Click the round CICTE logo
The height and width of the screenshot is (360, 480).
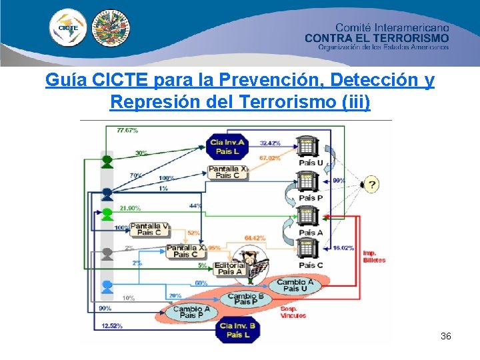(68, 28)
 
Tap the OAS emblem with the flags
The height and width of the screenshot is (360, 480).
(110, 28)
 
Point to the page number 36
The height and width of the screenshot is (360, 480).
(446, 336)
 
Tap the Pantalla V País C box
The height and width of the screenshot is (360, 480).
(149, 229)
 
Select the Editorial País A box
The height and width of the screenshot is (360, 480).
(230, 268)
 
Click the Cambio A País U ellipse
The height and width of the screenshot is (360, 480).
(295, 285)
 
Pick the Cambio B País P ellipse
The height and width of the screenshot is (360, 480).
(246, 299)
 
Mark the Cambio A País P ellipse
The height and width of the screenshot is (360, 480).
(191, 312)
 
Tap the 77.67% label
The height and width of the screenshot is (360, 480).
(127, 130)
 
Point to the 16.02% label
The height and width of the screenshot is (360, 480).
(343, 247)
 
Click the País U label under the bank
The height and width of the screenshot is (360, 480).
(311, 163)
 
